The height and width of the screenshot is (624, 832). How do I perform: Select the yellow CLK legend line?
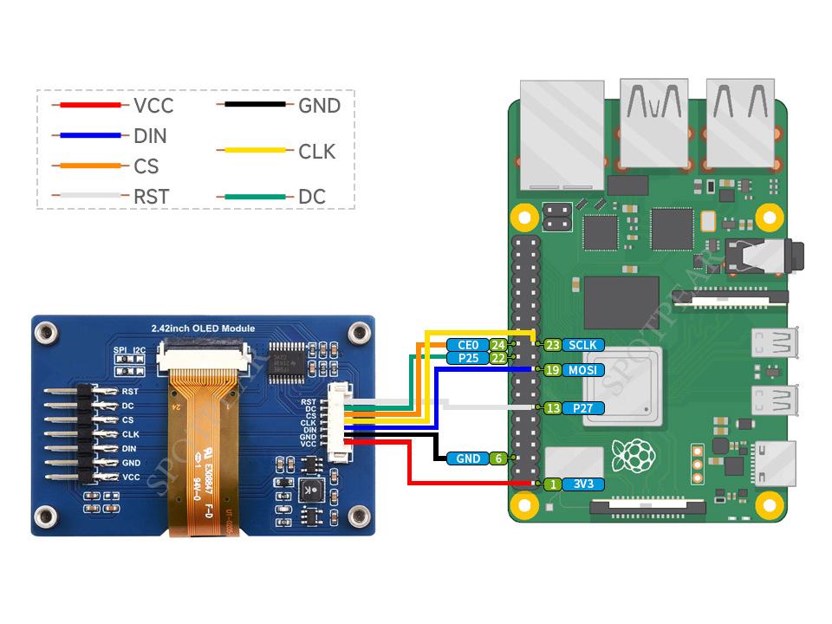[x=254, y=151]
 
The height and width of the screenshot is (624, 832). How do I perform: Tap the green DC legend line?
[x=254, y=197]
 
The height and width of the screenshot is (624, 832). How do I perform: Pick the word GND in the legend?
[x=319, y=106]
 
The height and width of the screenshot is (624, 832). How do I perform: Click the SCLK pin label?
[x=582, y=345]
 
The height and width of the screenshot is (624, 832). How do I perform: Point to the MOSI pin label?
[x=582, y=370]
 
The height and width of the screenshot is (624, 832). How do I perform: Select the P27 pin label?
[x=582, y=408]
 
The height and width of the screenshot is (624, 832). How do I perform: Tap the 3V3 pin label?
[x=582, y=484]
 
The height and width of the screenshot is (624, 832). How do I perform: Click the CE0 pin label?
[x=468, y=345]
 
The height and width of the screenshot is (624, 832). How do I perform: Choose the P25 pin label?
[x=468, y=358]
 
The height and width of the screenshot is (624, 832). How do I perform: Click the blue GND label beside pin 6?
[x=468, y=458]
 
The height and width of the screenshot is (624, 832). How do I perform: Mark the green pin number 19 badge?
[x=552, y=370]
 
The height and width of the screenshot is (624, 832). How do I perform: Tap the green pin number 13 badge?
[x=552, y=408]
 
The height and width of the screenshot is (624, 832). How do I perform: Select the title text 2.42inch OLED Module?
[x=203, y=328]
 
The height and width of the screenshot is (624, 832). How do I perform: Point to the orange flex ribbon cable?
[x=201, y=433]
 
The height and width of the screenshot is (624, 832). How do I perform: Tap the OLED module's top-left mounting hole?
[x=47, y=331]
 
